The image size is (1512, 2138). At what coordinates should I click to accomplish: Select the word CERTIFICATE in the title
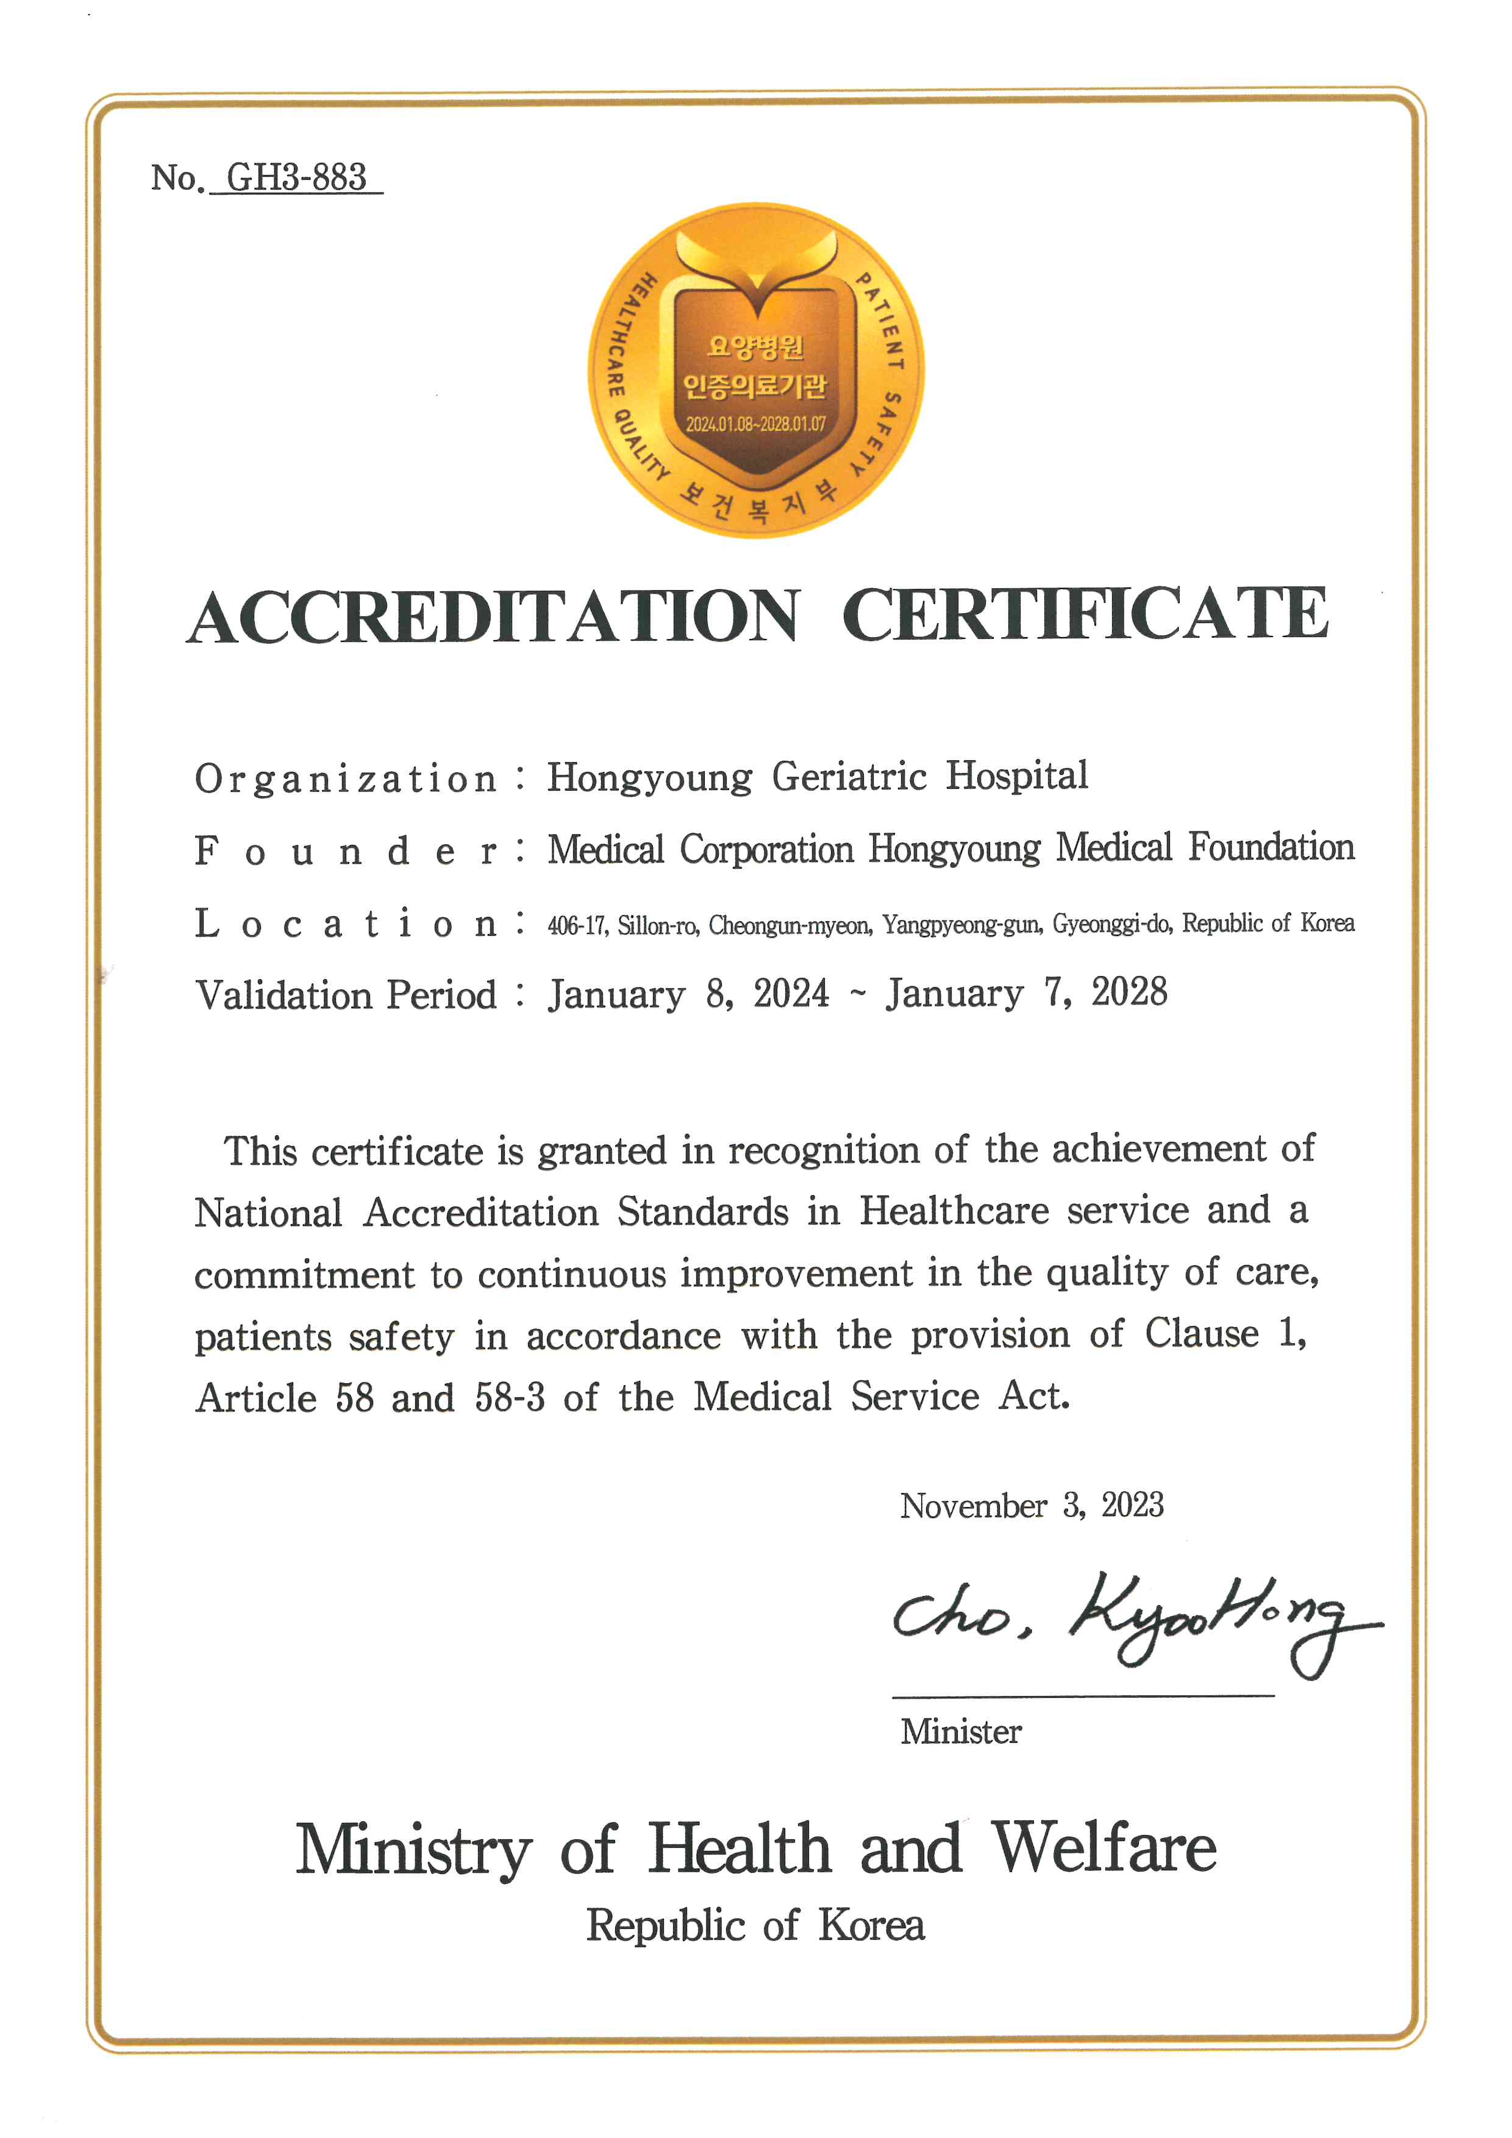click(1086, 615)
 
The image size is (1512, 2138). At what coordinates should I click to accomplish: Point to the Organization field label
click(346, 779)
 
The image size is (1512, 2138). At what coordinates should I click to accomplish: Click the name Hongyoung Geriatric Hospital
click(816, 777)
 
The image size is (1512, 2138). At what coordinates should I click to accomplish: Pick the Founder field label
click(346, 851)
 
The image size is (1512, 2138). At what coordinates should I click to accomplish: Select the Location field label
click(346, 924)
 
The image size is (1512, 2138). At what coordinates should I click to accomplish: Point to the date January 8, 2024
click(688, 994)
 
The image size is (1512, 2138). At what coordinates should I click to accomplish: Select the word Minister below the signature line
click(961, 1732)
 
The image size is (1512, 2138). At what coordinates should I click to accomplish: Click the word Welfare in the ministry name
click(1104, 1848)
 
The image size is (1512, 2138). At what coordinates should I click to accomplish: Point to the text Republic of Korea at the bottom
click(755, 1926)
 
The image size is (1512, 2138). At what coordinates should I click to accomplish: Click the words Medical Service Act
click(881, 1397)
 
